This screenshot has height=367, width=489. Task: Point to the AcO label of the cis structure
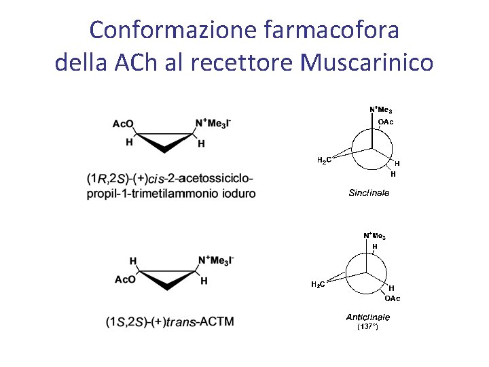(x=123, y=124)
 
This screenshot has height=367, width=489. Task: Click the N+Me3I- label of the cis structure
(x=213, y=123)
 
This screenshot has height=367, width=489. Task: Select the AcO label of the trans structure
(x=126, y=279)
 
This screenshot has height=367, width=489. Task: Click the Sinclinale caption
(x=369, y=193)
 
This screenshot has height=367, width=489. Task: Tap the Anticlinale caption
(x=368, y=317)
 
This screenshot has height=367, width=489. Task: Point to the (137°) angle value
(x=367, y=327)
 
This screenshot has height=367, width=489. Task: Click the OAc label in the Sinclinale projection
(x=386, y=122)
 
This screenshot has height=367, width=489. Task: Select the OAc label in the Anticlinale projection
(x=393, y=298)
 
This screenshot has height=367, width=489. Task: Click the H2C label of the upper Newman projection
(x=325, y=160)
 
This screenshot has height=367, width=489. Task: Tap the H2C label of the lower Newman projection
(x=317, y=284)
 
